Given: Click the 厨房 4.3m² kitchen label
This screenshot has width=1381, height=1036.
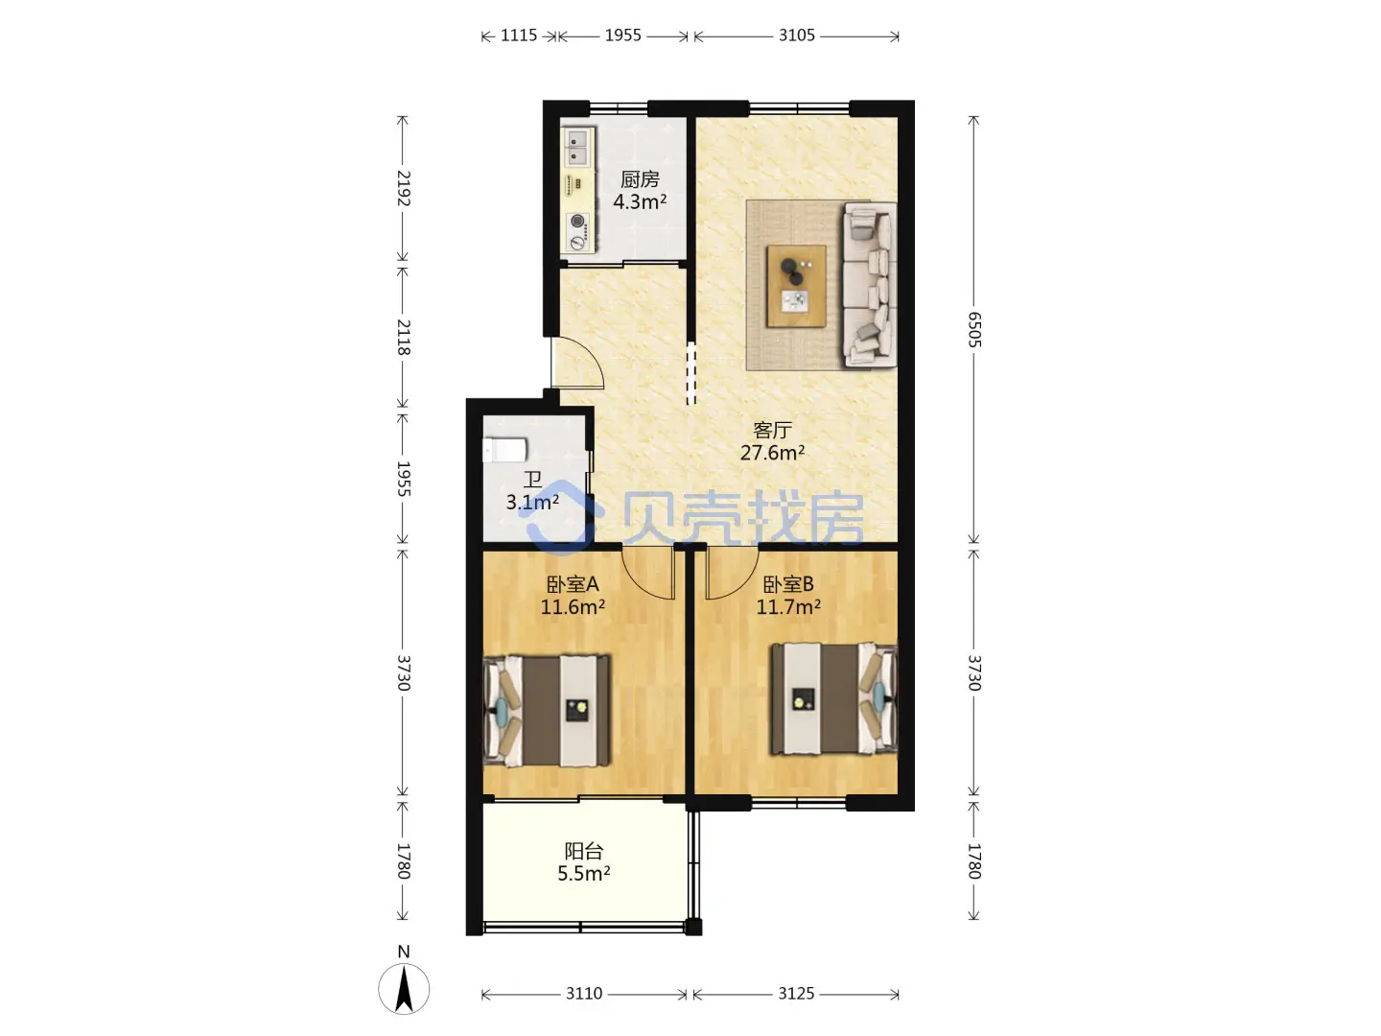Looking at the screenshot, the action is pos(640,191).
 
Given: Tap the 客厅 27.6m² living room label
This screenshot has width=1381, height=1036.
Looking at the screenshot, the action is pos(772,441).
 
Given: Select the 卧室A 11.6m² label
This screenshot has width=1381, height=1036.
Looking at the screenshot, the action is pos(573,596).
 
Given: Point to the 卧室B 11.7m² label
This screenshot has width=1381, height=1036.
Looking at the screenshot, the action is pos(787,596).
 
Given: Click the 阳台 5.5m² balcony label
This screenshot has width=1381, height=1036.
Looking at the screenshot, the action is pos(583,862).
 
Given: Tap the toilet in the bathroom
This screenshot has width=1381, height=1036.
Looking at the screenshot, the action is pos(504,451).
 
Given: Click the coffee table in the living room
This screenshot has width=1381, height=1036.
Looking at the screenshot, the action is pos(796,286).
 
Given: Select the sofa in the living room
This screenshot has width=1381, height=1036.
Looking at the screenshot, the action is pos(870,284).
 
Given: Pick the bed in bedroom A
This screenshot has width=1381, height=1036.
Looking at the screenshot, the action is pos(547,711).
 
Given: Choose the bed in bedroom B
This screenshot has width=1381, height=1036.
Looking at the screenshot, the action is pos(834,698).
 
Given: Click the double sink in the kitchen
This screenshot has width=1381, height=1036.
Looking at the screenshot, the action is pos(577,147).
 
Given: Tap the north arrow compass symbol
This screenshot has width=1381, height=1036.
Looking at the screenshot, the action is pos(404,988).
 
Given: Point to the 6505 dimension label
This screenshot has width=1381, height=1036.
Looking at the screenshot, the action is pos(974,330).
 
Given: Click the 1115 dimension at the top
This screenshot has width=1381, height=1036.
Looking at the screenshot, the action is pos(519,35).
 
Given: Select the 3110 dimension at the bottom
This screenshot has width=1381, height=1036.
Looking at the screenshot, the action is pos(584,993).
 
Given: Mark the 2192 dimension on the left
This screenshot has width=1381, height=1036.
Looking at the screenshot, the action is pos(404,188).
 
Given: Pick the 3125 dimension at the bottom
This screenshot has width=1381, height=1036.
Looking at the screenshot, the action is pos(796,993).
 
